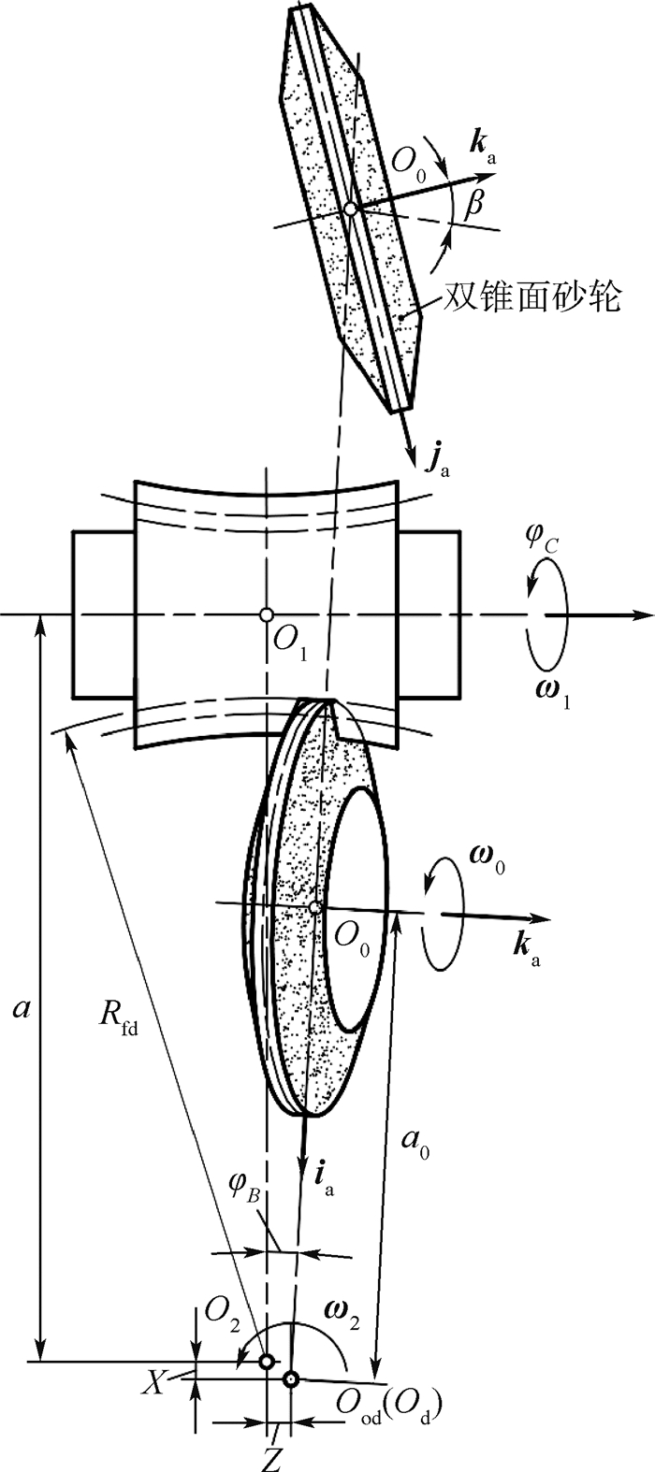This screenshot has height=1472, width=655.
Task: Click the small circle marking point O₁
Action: point(267,614)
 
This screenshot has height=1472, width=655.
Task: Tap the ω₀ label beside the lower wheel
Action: point(487,860)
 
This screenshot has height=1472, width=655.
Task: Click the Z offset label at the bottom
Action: point(272,1461)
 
